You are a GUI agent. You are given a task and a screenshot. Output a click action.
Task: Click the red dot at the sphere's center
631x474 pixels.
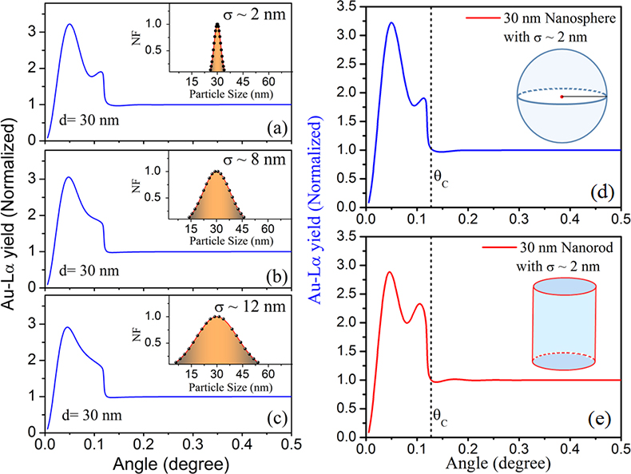[562, 97]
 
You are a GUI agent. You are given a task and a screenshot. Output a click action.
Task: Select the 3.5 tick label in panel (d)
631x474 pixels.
[348, 8]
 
